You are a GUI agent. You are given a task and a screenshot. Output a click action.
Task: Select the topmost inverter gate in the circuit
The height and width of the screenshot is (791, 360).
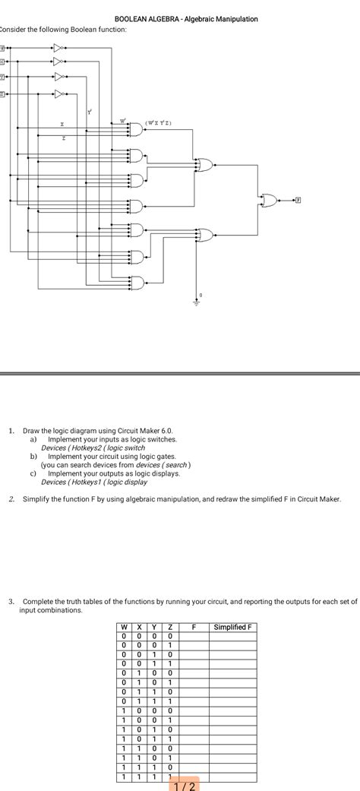tap(58, 48)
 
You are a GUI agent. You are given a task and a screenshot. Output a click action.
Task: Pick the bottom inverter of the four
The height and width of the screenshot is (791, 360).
tap(58, 94)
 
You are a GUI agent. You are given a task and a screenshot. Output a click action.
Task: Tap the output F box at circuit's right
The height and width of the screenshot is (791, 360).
tap(298, 200)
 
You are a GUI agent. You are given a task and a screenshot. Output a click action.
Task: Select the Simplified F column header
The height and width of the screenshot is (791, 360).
tap(235, 627)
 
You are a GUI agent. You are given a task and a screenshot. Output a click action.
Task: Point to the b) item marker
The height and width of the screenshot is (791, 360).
tap(33, 456)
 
